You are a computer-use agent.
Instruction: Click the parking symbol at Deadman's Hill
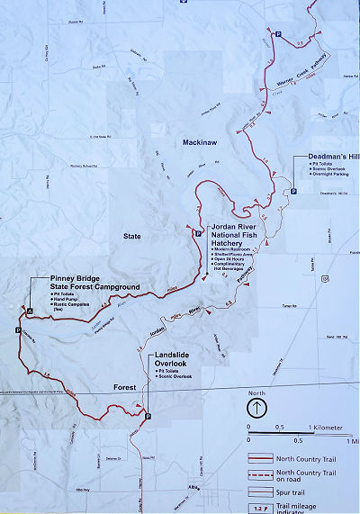pos(293,190)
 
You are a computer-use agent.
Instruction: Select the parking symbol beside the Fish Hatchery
pos(197,233)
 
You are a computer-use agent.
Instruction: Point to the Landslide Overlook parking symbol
pos(148,415)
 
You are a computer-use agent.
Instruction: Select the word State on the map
pos(133,236)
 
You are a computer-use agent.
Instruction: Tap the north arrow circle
pos(256,407)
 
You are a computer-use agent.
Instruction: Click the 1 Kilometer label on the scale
pos(327,427)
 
